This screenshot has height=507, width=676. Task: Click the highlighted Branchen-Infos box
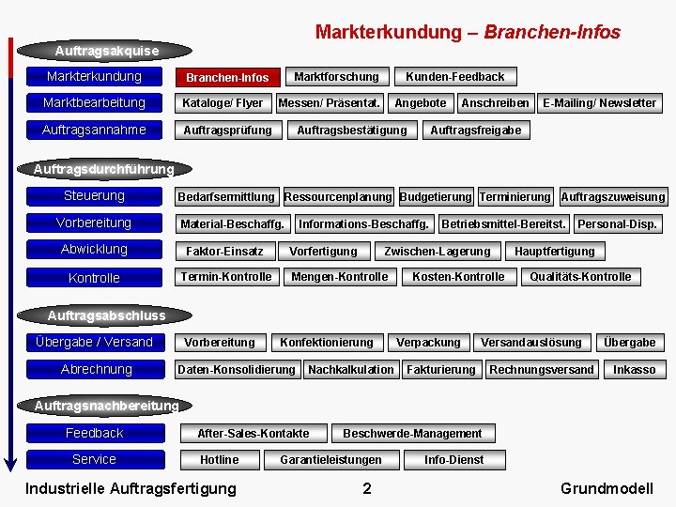[226, 77]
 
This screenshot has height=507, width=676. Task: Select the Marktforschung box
[336, 76]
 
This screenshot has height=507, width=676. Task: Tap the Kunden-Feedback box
[454, 76]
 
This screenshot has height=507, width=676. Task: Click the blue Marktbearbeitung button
[94, 102]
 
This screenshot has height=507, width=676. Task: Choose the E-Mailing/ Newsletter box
[600, 102]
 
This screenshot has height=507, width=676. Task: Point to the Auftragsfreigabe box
[475, 130]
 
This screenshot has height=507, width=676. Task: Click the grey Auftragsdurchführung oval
[103, 169]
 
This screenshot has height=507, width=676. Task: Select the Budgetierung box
[436, 196]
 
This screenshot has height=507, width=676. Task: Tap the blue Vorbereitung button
[94, 223]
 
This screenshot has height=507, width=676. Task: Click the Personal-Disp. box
[617, 223]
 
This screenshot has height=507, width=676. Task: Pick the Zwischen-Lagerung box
[437, 251]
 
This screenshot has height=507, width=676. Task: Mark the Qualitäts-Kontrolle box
[580, 276]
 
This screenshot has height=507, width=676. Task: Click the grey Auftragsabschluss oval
[106, 315]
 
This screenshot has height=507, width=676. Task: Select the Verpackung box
[428, 342]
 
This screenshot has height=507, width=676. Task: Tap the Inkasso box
[634, 369]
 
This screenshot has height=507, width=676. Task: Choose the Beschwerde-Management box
[412, 433]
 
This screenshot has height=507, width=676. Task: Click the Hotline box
[219, 459]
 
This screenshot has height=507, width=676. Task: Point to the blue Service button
[94, 459]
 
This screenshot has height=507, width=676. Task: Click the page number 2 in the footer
[367, 487]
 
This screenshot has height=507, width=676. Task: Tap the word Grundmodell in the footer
[606, 487]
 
